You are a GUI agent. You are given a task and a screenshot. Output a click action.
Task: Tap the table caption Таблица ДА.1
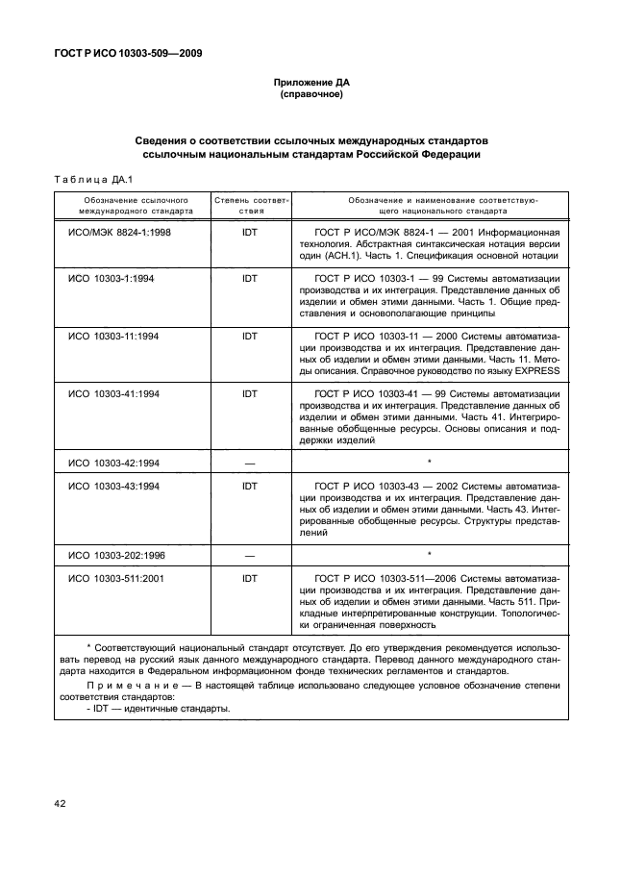pyautogui.click(x=86, y=180)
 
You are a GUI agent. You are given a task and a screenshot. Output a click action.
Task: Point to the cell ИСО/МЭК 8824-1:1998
pyautogui.click(x=118, y=233)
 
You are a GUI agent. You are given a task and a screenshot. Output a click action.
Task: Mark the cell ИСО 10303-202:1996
pyautogui.click(x=117, y=555)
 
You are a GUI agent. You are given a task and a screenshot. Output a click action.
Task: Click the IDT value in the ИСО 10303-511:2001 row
pyautogui.click(x=250, y=579)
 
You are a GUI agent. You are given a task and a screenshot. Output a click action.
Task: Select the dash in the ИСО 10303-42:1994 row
pyautogui.click(x=250, y=463)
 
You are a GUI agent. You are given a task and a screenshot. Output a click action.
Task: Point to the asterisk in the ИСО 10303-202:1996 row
pyautogui.click(x=429, y=555)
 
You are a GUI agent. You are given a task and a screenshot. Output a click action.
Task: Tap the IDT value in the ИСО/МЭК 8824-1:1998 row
pyautogui.click(x=250, y=233)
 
